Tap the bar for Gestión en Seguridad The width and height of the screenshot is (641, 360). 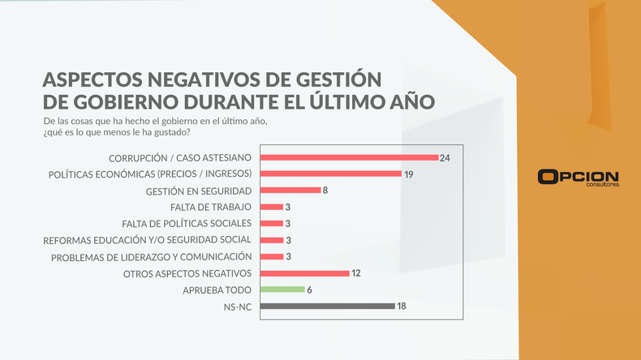coord(290,191)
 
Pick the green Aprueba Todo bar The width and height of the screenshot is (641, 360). coord(282,289)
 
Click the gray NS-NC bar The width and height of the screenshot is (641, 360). coord(327,306)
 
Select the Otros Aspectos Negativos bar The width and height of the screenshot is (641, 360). coord(304,273)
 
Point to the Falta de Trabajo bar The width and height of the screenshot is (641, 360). coord(272,207)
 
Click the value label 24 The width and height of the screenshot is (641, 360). coord(445,157)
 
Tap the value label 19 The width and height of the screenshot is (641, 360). coord(409,174)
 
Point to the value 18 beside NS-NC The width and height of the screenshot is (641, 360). coord(401,306)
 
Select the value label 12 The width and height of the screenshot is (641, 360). coord(355,273)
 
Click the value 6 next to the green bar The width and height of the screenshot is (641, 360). coord(309,289)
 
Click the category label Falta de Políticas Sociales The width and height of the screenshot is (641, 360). coord(187,223)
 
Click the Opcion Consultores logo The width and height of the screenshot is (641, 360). coord(578,178)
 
